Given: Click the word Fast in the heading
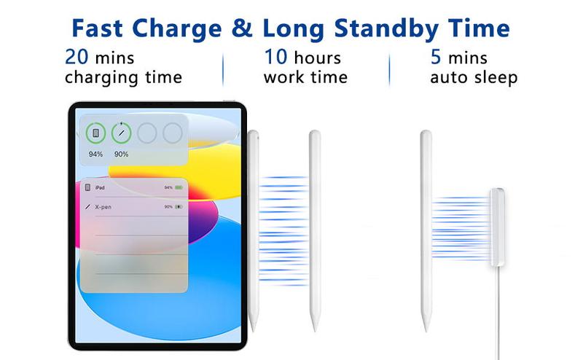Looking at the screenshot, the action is click(x=97, y=28).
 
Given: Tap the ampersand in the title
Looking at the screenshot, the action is click(x=242, y=28).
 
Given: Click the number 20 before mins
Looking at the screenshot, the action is click(x=77, y=57).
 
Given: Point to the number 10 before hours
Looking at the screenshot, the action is click(x=275, y=57).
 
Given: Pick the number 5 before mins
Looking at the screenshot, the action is click(x=436, y=57).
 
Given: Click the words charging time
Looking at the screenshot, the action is click(x=123, y=78).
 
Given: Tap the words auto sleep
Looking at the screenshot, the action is click(x=474, y=78).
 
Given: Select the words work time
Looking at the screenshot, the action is click(x=305, y=77).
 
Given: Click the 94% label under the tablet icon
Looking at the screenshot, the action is click(x=95, y=154).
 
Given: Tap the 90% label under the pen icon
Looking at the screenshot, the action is click(x=121, y=154).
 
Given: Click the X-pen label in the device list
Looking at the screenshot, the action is click(x=103, y=207).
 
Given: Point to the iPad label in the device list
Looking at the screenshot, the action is click(x=100, y=187).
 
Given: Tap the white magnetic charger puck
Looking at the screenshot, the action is click(x=497, y=227).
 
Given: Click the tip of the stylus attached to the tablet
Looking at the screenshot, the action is click(x=254, y=330).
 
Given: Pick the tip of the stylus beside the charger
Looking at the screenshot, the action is click(x=426, y=330).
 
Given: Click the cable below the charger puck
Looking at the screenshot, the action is click(x=498, y=313).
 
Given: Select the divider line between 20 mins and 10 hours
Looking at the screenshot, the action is click(x=223, y=70).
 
